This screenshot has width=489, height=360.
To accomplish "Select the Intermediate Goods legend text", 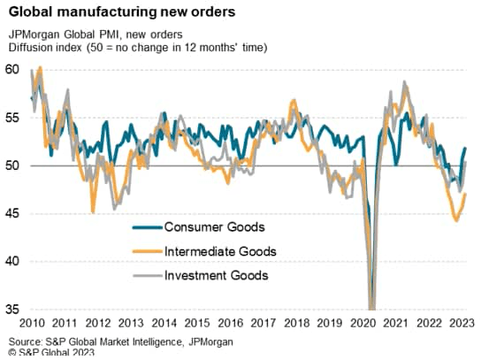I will pyautogui.click(x=220, y=251).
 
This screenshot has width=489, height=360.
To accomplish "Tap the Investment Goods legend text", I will pyautogui.click(x=217, y=276).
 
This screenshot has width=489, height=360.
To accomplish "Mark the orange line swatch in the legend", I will pyautogui.click(x=147, y=252).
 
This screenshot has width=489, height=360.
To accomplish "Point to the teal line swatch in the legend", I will pyautogui.click(x=147, y=227).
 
